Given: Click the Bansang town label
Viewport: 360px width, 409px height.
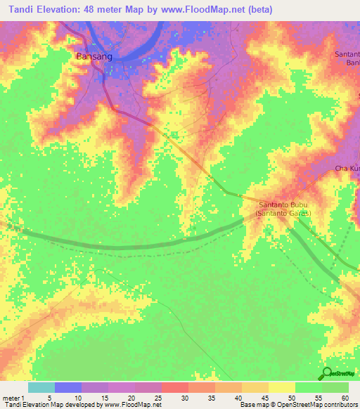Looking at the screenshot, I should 92,55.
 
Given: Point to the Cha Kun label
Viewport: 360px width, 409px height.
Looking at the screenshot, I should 346,169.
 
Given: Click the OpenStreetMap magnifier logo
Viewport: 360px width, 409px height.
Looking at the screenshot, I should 326,373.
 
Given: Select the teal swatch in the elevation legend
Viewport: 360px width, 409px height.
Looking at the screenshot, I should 41,387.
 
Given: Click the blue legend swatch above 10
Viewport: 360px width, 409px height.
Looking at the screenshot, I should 68,387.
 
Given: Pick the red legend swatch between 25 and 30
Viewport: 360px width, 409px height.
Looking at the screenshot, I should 175,387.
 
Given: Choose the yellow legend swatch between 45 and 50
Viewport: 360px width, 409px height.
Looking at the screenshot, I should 282,387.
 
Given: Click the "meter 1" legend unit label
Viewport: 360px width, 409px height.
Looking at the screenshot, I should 15,397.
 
